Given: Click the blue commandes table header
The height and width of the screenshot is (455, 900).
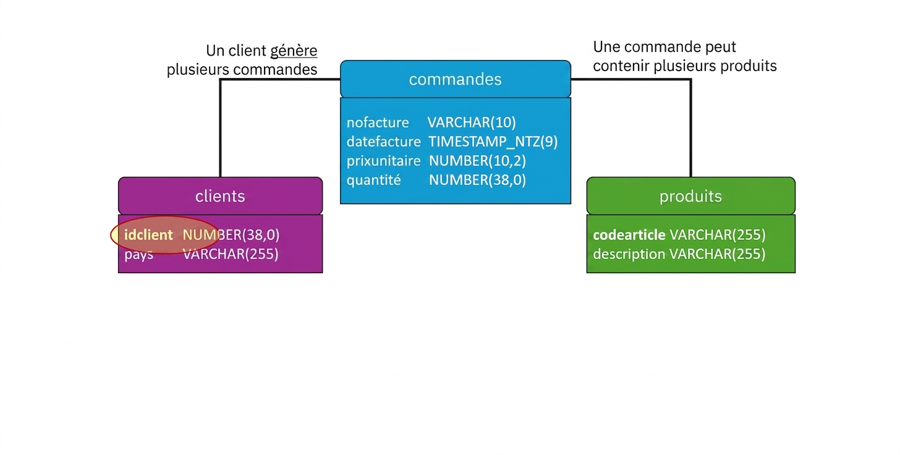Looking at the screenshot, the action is pos(455,79).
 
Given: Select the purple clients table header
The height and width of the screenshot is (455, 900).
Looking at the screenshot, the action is pos(220,196).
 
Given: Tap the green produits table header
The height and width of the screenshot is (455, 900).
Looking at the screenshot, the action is pos(690,196).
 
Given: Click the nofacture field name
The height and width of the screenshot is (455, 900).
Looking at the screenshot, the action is pos(378,122).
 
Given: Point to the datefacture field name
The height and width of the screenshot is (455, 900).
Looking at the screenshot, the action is pos(384,142).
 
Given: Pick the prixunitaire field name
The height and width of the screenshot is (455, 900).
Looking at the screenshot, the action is pos(384,161).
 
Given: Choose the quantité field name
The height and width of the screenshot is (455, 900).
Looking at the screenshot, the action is pos(373,180).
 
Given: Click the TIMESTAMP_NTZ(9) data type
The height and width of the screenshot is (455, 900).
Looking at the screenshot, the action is pos(493,142).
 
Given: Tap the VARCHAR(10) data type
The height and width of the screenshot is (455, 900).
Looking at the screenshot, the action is pos(472,122).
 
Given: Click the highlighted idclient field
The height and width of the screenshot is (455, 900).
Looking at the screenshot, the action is pos(148,235).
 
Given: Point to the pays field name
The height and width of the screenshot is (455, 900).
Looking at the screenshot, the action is pos(138,255).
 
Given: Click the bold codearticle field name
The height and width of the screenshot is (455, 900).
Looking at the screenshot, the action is pos(629,235).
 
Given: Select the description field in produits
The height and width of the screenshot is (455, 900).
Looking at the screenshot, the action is pos(629,254).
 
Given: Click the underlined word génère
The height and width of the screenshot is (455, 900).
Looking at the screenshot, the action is pos(294,51).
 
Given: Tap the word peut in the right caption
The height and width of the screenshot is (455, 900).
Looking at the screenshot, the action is pos(721,47).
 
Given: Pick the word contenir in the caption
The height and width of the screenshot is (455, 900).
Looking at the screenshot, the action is pos(621,66).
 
